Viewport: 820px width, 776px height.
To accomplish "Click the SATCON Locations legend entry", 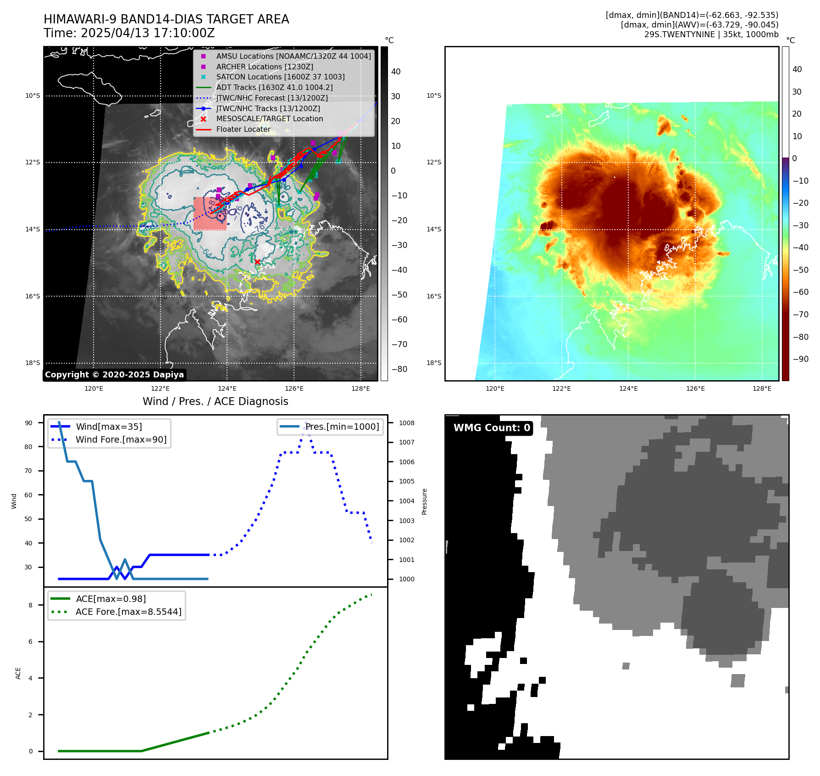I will [280, 77].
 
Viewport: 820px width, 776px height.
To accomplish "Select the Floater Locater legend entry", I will [243, 129].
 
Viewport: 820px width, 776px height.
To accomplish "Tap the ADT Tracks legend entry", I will [274, 87].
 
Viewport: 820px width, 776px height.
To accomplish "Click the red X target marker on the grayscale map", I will [257, 262].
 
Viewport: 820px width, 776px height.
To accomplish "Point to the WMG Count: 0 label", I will [492, 428].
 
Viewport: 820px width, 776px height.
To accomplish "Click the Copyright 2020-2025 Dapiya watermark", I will [114, 375].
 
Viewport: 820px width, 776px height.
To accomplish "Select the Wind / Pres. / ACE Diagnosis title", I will [216, 401].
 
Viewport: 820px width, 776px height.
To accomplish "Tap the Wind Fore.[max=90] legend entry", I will [121, 439].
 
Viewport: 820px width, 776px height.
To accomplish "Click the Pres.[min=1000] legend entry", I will [342, 427].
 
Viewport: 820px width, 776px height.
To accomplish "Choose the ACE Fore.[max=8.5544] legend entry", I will [128, 612].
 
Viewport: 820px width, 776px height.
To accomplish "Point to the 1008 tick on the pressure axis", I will [406, 423].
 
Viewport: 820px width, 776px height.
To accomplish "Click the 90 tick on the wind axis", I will [28, 423].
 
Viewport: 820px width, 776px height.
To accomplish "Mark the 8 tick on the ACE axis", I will [30, 605].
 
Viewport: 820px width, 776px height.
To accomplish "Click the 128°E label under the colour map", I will [762, 388].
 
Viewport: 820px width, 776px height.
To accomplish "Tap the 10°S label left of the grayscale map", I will [33, 96].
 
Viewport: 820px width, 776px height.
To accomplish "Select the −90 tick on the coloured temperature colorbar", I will [800, 359].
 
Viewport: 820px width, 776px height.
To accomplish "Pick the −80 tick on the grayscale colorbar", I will [399, 369].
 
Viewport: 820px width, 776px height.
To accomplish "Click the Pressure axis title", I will [425, 501].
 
